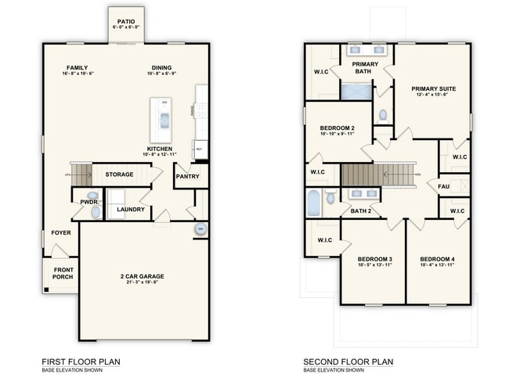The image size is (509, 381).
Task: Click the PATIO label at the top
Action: (125, 22)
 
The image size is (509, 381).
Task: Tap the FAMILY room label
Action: (77, 68)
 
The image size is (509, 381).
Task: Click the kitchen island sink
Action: (164, 120)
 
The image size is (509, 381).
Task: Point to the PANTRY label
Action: (187, 176)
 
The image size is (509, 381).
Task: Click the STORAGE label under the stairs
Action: (120, 174)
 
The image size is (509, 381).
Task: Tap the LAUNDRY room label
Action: (130, 210)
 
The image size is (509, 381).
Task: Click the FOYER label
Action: (61, 233)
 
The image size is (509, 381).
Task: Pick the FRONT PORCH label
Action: (63, 273)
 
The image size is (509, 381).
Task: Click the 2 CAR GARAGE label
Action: (142, 276)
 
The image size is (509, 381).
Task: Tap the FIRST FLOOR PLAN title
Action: (81, 361)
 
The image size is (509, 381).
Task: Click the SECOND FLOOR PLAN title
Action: (348, 361)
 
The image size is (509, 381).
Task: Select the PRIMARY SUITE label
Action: (433, 88)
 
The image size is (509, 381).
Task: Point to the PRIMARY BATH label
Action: (362, 67)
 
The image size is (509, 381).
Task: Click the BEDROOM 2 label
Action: (338, 128)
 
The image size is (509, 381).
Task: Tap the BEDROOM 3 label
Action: (374, 259)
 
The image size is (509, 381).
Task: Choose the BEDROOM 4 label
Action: (436, 259)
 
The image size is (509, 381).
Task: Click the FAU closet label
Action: (443, 186)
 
